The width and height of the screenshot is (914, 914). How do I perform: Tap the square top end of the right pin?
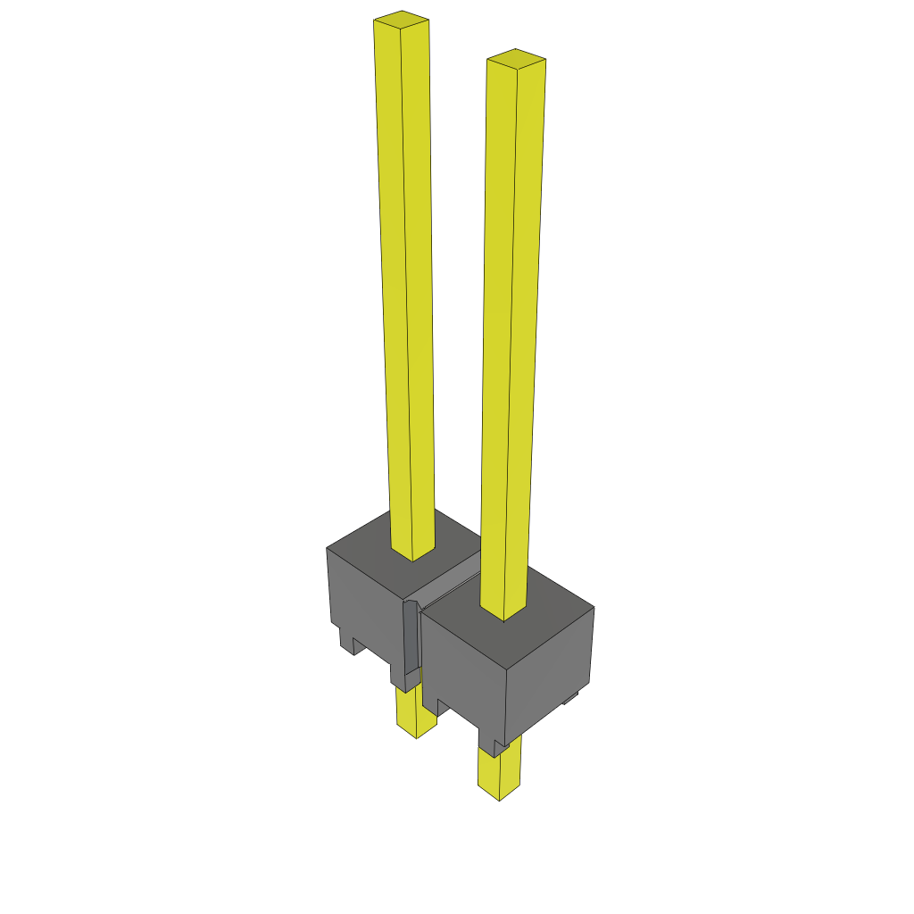tap(516, 59)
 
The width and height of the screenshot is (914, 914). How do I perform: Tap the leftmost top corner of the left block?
tap(328, 547)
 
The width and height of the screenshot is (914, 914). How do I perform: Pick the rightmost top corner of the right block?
tap(594, 608)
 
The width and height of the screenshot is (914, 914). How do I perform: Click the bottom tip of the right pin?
tap(499, 797)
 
